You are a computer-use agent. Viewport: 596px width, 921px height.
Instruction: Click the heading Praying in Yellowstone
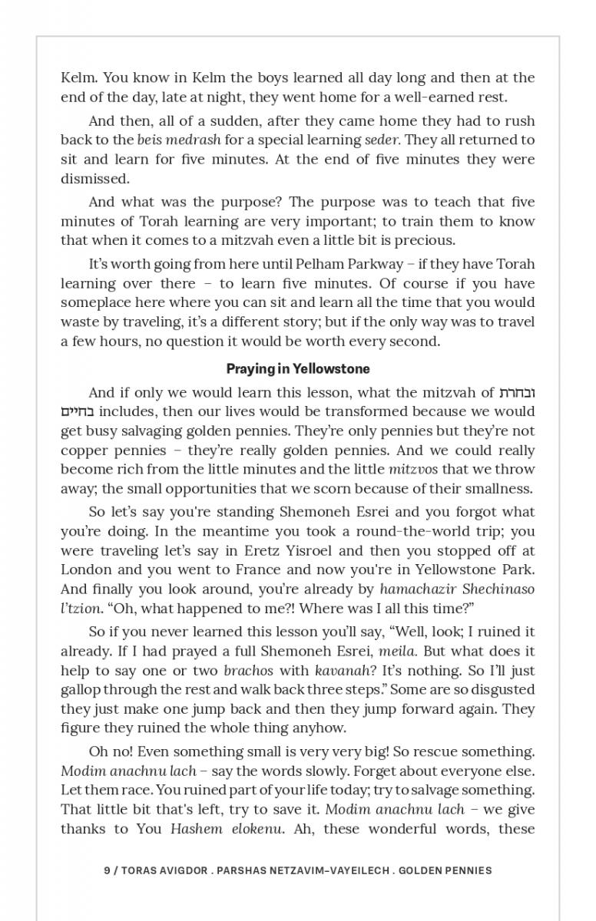pos(297,369)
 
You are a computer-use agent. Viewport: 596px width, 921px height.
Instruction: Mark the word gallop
pos(81,690)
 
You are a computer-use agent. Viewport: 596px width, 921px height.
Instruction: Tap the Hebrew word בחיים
pos(78,412)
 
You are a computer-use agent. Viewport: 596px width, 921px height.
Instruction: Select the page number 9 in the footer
pos(107,870)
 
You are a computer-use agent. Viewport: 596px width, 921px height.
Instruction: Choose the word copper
pos(83,451)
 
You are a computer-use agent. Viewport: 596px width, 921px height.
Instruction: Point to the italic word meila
pos(398,652)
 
